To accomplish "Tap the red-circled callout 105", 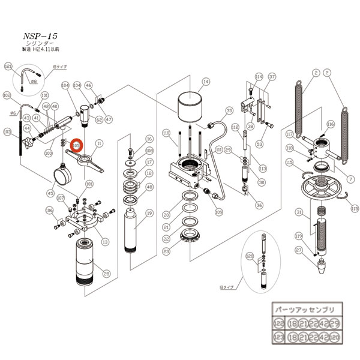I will pyautogui.click(x=77, y=145).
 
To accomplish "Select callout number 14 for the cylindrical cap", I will pyautogui.click(x=205, y=82).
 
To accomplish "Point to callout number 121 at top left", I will pyautogui.click(x=8, y=66).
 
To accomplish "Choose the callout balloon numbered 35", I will pyautogui.click(x=229, y=112).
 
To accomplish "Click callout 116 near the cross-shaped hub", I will pyautogui.click(x=330, y=124).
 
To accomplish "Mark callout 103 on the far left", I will pyautogui.click(x=8, y=131).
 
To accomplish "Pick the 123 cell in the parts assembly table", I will pyautogui.click(x=279, y=338).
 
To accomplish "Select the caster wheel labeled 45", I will pyautogui.click(x=63, y=176).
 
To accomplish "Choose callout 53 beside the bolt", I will pyautogui.click(x=260, y=144).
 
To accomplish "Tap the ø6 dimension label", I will pyautogui.click(x=13, y=112).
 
